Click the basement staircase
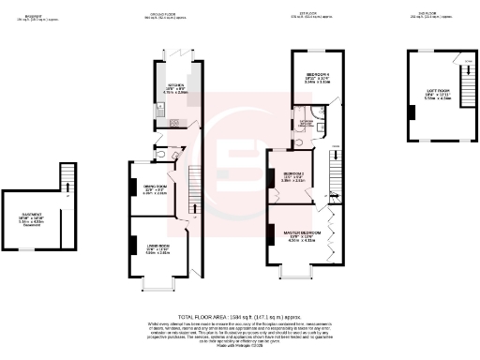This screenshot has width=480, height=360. (x=66, y=179)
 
